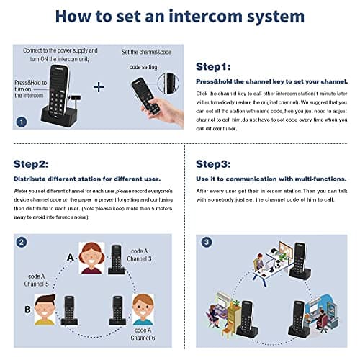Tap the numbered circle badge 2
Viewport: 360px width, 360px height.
(22, 243)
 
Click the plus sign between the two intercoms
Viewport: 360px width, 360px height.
(99, 87)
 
